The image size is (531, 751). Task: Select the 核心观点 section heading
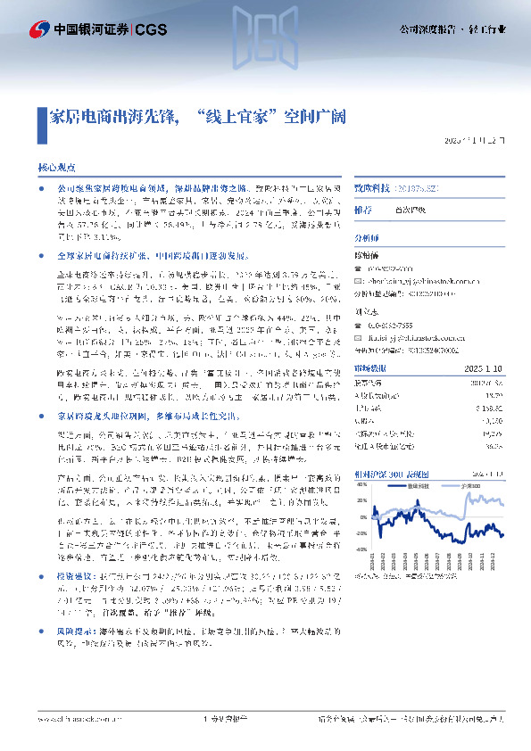pyautogui.click(x=62, y=167)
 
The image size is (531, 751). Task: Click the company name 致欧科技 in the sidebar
pyautogui.click(x=374, y=190)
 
